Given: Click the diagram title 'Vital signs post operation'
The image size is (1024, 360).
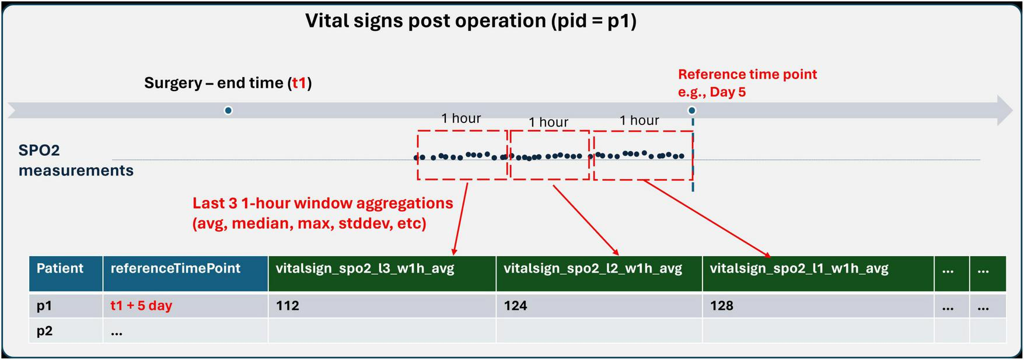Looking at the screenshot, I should [470, 21].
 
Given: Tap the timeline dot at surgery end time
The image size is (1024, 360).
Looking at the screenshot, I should [228, 110].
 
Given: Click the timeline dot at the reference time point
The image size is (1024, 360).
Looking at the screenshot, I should [691, 110].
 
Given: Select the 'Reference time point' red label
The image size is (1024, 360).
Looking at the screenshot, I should [747, 75].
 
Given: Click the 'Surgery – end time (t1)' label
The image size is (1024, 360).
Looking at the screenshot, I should [228, 83].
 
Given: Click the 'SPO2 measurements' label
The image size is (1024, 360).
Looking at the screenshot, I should [76, 160].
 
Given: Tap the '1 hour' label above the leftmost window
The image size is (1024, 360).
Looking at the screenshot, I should [460, 118].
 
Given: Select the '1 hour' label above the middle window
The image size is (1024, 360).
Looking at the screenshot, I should [548, 122].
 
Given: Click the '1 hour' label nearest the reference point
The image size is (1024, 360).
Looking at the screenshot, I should [639, 120].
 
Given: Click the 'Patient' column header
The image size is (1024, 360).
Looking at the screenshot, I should [60, 268].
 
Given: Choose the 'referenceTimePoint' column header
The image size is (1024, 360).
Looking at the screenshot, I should [175, 268].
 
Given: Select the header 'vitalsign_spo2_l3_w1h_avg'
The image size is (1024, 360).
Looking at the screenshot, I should [365, 268].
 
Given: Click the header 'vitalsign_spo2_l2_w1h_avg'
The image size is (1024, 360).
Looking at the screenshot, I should [592, 268].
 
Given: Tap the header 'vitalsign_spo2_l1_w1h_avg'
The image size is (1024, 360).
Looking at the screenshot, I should [799, 268].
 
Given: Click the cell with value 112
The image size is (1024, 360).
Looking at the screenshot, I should [288, 306].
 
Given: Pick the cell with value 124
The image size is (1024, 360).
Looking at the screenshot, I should [515, 306].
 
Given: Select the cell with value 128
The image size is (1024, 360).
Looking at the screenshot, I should [721, 306].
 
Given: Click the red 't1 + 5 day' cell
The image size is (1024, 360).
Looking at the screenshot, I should [141, 306].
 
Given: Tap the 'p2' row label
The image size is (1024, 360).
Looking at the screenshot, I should [45, 331].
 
